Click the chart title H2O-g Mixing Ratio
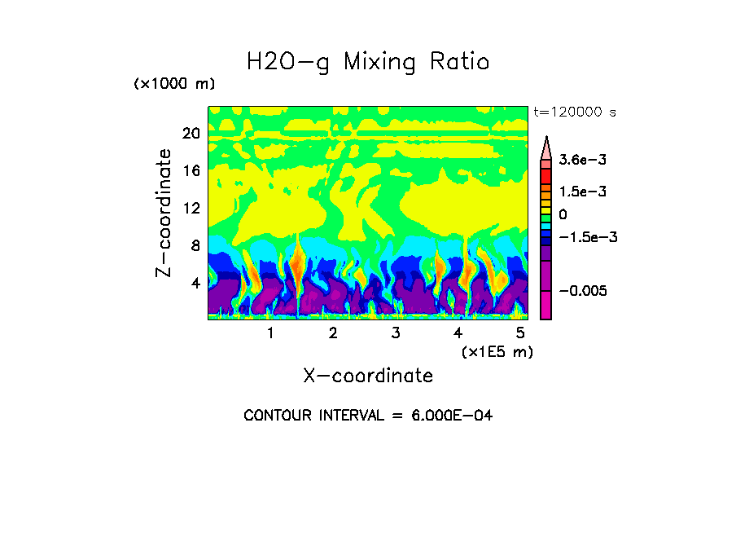coord(368,62)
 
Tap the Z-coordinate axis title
coord(164,213)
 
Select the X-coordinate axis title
coord(368,376)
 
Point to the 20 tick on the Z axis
coord(191,134)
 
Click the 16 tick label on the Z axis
coord(191,171)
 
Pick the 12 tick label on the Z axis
coord(191,208)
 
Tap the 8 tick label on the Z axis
coord(195,245)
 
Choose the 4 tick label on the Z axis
coord(195,283)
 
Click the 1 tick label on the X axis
coord(270,333)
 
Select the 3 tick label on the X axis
coord(396,333)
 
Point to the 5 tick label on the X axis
coord(520,333)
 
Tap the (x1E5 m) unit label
coord(497,352)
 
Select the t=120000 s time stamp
coord(574,112)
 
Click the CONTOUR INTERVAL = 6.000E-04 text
coord(368,416)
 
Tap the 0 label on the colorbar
coord(563,214)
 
